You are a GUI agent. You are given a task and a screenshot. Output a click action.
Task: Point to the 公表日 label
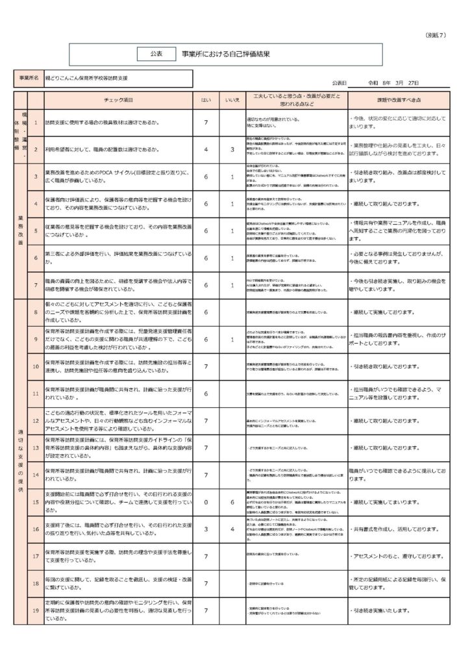[x=339, y=83]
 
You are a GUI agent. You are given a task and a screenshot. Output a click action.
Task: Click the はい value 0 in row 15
[x=206, y=503]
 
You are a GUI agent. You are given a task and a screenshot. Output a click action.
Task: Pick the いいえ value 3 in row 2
[x=232, y=149]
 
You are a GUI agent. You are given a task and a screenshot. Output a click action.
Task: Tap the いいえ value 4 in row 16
[x=232, y=529]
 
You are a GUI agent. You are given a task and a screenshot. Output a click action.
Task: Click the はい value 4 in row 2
[x=206, y=149]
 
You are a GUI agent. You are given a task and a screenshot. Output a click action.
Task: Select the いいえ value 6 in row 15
[x=232, y=503]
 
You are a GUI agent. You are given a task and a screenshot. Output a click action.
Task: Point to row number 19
[x=36, y=610]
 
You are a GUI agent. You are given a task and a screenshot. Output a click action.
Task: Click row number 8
[x=36, y=312]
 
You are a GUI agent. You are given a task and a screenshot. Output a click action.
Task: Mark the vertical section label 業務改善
[x=20, y=231]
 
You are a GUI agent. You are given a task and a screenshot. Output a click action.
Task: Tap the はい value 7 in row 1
[x=206, y=122]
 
